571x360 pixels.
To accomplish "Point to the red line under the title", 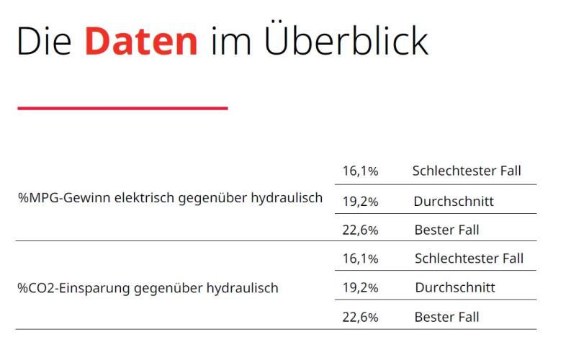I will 122,109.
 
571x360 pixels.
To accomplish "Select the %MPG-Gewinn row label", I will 170,198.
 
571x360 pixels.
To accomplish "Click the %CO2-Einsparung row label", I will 148,288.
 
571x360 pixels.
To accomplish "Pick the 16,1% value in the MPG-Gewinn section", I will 360,171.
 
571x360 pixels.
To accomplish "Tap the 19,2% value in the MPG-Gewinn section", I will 360,201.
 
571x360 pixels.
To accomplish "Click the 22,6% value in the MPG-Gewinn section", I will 360,230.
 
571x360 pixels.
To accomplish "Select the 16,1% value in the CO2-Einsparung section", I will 360,258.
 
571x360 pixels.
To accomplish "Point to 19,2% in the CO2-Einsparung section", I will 360,288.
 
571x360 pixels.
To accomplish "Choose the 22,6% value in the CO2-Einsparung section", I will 360,317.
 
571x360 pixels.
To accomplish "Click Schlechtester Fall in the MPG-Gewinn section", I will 467,171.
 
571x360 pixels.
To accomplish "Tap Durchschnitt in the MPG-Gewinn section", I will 454,201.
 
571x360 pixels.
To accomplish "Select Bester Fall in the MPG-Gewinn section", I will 446,230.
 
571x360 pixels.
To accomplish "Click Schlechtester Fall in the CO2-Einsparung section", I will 469,258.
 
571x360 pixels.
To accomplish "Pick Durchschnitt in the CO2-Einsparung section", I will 455,288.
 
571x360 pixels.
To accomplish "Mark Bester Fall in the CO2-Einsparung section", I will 446,317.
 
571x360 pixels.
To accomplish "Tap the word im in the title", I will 226,42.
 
